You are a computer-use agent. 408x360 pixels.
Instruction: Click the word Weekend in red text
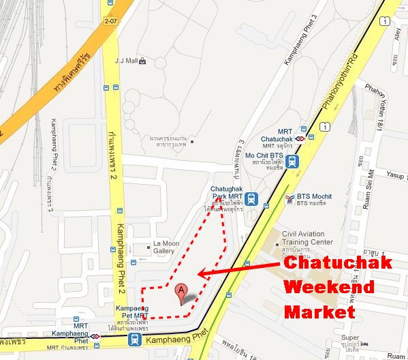click(x=329, y=288)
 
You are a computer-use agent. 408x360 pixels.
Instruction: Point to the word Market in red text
click(x=319, y=312)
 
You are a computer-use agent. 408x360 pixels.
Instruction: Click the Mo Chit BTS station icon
click(x=293, y=162)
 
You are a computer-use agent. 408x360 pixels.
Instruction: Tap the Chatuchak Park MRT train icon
click(x=252, y=198)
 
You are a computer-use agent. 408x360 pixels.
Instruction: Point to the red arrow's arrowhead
click(x=200, y=275)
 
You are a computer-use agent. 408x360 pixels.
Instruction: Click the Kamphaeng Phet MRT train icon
click(x=137, y=337)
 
